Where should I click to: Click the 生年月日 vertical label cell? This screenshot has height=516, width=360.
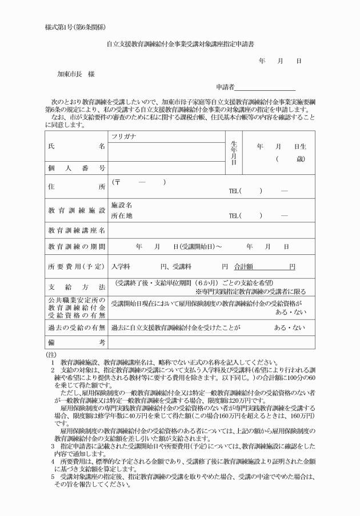[x=234, y=153]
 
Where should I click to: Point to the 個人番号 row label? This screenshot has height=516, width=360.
[x=76, y=168]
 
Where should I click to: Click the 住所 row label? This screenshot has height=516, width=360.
[x=76, y=186]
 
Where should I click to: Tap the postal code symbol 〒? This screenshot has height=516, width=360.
[x=117, y=182]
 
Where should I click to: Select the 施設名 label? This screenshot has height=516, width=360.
[x=122, y=205]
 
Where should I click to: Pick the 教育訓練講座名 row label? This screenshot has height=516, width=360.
[x=76, y=230]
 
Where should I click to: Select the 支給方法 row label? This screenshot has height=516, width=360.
[x=76, y=286]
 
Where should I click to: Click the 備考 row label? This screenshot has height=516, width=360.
[x=76, y=342]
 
